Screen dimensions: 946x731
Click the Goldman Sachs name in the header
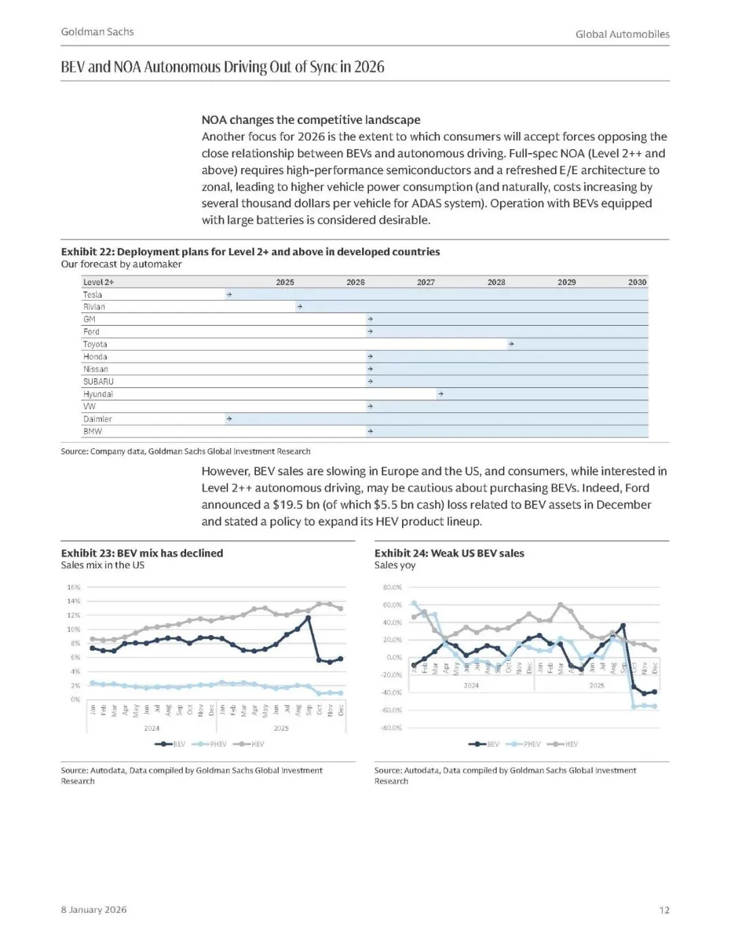click(x=97, y=32)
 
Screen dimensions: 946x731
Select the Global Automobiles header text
click(x=622, y=34)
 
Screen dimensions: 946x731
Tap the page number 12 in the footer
click(x=664, y=909)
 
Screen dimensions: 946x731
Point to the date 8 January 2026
click(x=93, y=909)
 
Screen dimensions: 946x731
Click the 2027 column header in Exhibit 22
click(x=426, y=282)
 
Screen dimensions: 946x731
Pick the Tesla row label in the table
click(x=93, y=295)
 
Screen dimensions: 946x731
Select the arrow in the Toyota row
click(x=511, y=344)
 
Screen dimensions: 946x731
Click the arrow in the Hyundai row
click(x=441, y=394)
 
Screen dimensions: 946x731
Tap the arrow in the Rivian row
click(x=299, y=307)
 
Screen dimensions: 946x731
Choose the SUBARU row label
click(x=98, y=381)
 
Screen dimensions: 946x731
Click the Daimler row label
click(x=97, y=419)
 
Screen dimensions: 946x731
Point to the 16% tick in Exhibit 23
click(x=73, y=587)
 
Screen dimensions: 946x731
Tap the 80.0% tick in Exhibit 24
click(x=392, y=587)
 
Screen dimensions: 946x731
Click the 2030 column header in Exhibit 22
click(x=637, y=282)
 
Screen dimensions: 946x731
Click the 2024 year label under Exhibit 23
click(x=152, y=728)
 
